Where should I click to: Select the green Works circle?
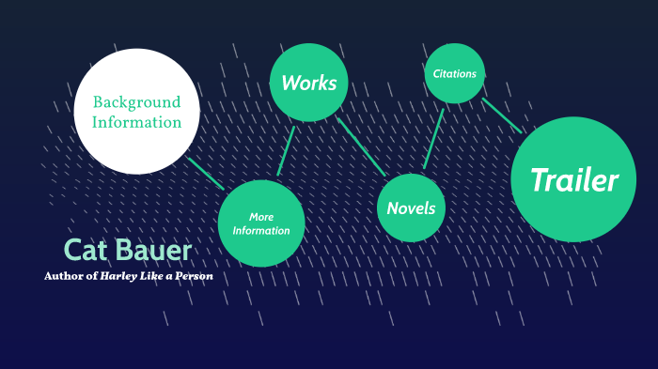click(309, 83)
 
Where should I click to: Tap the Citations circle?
click(454, 73)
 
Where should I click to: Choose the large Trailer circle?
click(573, 179)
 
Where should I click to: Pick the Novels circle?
click(411, 208)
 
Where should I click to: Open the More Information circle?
click(261, 223)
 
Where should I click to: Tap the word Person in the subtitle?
click(195, 276)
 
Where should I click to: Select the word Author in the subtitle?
click(64, 276)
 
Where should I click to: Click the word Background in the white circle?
click(136, 101)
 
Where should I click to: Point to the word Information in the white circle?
click(136, 122)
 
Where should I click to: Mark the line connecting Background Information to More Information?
click(206, 174)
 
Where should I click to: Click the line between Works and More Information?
click(286, 150)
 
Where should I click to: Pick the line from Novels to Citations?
click(433, 137)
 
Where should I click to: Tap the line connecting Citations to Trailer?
click(502, 115)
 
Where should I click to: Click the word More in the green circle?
click(261, 217)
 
